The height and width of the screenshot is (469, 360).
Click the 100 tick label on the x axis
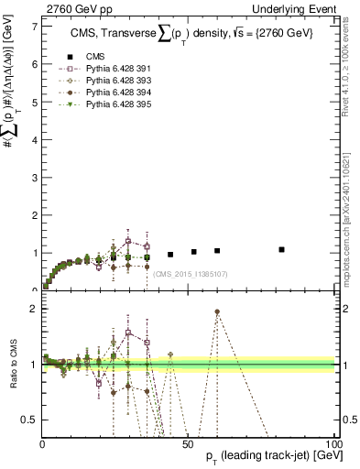333,443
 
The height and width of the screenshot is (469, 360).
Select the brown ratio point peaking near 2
217,311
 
